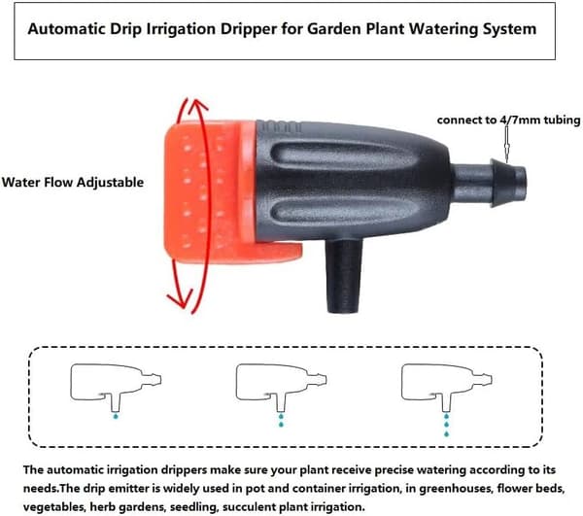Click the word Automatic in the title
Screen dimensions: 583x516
66,29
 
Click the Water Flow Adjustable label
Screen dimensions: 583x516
73,182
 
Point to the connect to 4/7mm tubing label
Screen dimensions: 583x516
508,120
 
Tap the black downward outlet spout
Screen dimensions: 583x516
343,275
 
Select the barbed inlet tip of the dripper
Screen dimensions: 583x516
508,182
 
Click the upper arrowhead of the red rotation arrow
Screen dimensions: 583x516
196,106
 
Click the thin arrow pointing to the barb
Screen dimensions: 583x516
506,144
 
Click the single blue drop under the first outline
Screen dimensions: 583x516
116,416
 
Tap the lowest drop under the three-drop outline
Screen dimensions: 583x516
447,433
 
